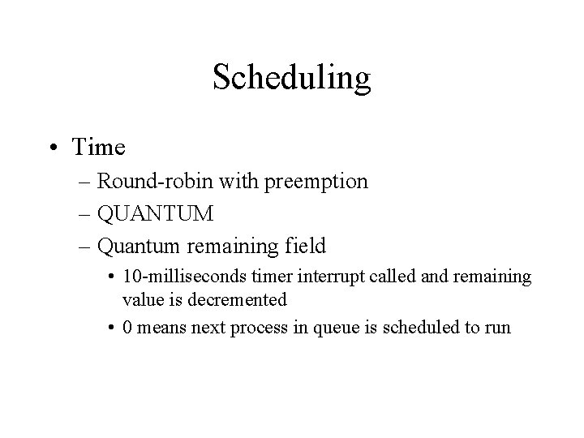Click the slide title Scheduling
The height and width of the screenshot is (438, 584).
(x=291, y=79)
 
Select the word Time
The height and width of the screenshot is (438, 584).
(x=98, y=148)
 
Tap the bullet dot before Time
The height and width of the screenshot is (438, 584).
(x=54, y=148)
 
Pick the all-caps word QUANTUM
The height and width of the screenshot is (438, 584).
(x=155, y=214)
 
